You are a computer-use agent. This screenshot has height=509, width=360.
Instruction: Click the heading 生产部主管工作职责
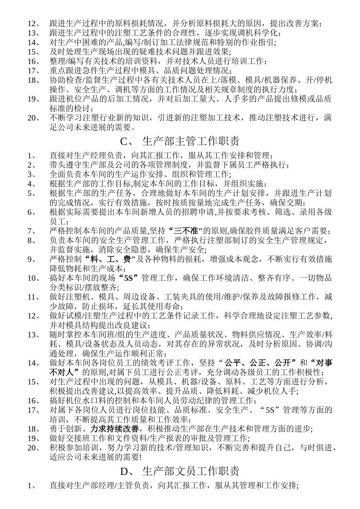[x=191, y=142]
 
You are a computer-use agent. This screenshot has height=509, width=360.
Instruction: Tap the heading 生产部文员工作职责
[x=191, y=471]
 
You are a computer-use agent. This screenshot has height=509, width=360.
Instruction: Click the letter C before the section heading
[x=124, y=142]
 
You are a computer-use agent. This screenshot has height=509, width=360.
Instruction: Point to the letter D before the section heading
[x=124, y=471]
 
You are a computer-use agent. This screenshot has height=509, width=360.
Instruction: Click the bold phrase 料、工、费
[x=108, y=259]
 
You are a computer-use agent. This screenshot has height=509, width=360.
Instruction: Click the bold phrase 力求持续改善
[x=114, y=429]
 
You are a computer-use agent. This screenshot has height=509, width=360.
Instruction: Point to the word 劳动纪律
[x=202, y=400]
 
